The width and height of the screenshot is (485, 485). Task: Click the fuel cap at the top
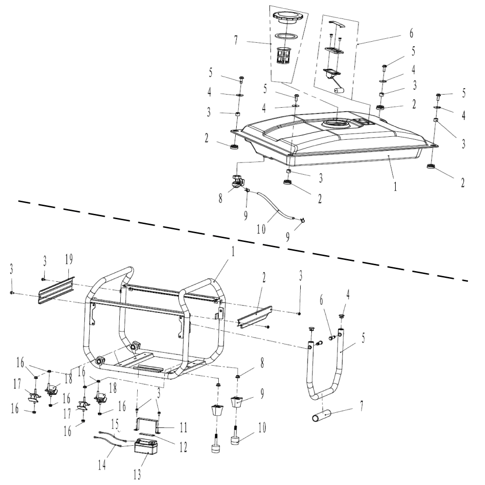coord(288,19)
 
